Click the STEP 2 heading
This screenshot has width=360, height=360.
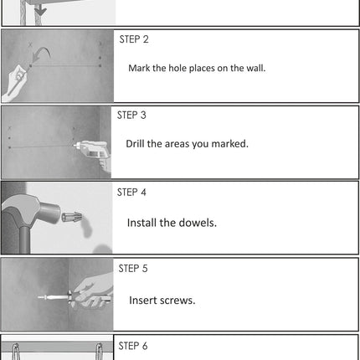tap(134, 39)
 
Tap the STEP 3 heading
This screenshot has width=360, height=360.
tap(131, 116)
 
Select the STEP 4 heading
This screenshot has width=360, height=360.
tap(131, 193)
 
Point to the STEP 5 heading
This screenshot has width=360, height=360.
tap(133, 269)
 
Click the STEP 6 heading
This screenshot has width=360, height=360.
tap(133, 346)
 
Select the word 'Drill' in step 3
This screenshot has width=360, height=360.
tap(136, 144)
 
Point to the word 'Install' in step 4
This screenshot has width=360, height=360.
tap(142, 223)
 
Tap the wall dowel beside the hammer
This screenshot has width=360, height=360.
tap(72, 217)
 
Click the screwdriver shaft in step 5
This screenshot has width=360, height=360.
tap(53, 297)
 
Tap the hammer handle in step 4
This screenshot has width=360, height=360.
tap(24, 239)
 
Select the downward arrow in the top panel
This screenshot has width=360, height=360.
tap(41, 11)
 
